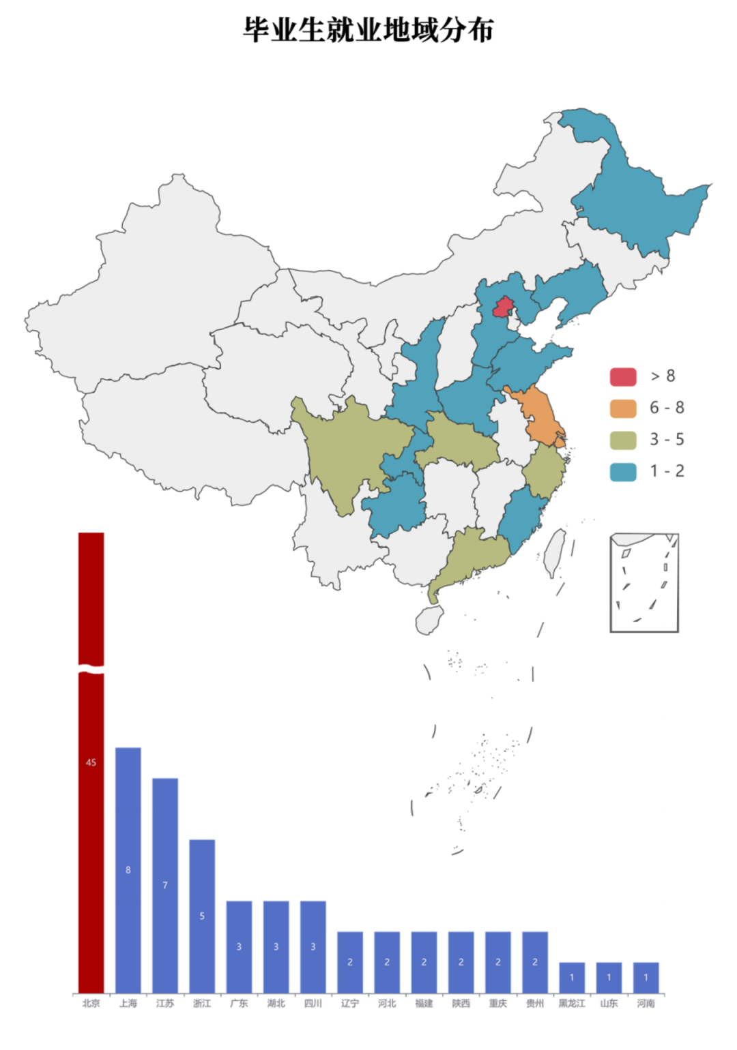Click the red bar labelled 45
pyautogui.click(x=91, y=818)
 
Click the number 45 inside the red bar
pyautogui.click(x=91, y=762)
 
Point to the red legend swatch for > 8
pyautogui.click(x=623, y=376)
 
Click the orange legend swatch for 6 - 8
pyautogui.click(x=623, y=408)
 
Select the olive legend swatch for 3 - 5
pyautogui.click(x=623, y=440)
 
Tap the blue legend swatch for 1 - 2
pyautogui.click(x=623, y=472)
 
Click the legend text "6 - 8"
pyautogui.click(x=666, y=408)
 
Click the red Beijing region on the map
pyautogui.click(x=503, y=307)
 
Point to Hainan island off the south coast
pyautogui.click(x=429, y=619)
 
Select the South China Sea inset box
pyautogui.click(x=644, y=583)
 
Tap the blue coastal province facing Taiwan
pyautogui.click(x=522, y=522)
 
